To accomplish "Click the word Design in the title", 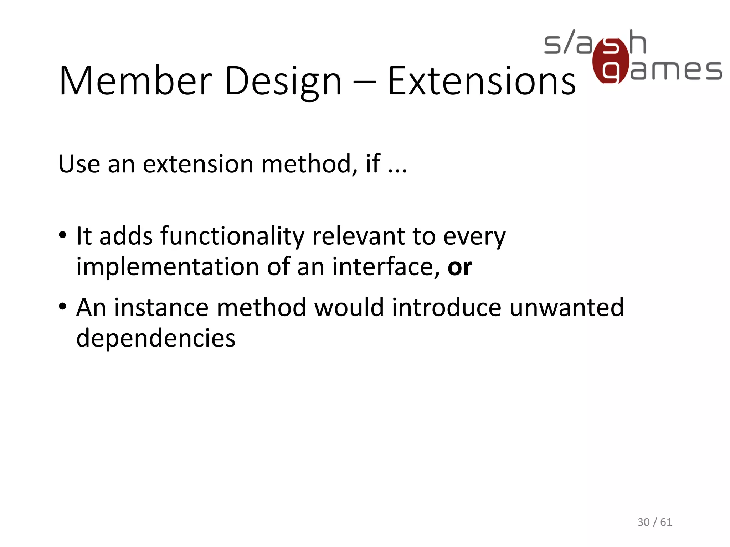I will (283, 82).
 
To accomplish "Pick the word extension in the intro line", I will (198, 164).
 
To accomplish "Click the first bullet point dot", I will (63, 235).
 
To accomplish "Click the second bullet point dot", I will (63, 307).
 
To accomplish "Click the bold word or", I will (459, 267).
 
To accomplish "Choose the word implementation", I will (168, 267).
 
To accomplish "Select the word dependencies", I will (156, 339).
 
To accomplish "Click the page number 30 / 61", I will (654, 522).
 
